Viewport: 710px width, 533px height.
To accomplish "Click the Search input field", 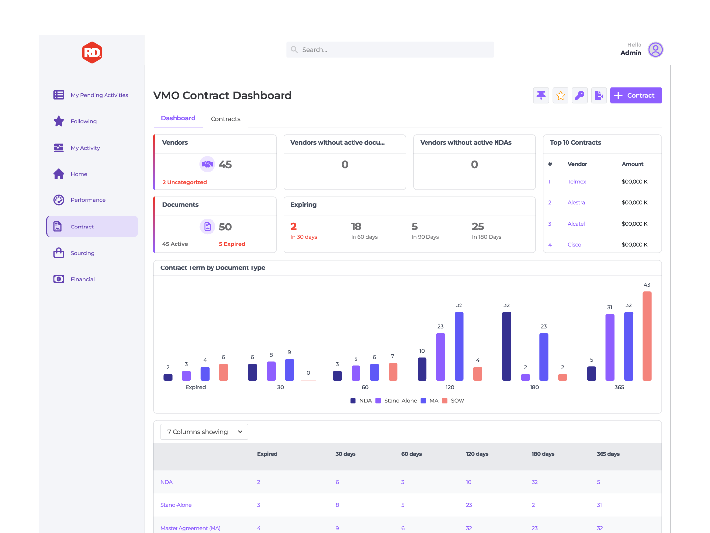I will coord(390,50).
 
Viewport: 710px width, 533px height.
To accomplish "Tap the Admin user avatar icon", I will coord(655,50).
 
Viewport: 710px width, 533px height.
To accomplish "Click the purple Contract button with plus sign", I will coord(636,96).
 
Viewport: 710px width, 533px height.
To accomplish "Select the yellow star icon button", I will coord(561,96).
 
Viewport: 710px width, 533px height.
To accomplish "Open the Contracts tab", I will coord(225,119).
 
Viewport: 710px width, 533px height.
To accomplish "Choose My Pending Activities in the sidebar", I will coord(99,95).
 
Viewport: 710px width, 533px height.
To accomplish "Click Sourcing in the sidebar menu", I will coord(82,253).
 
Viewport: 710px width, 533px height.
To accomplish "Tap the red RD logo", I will coord(92,52).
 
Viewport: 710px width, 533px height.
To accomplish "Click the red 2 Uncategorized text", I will coord(184,182).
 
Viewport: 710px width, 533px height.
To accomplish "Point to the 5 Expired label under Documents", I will coord(232,244).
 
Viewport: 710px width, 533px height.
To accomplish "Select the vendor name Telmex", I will coord(577,182).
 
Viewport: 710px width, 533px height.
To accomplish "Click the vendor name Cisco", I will coord(574,245).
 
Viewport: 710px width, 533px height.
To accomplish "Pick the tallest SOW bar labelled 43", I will coord(647,336).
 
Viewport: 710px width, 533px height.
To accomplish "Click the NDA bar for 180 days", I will coord(506,346).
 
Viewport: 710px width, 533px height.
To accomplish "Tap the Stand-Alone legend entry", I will coord(400,401).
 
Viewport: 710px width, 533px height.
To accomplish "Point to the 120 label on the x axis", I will coord(450,388).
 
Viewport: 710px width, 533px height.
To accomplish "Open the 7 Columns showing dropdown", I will coord(204,432).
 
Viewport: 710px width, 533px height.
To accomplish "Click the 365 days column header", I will coord(608,454).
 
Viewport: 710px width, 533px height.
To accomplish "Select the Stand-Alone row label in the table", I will coord(176,505).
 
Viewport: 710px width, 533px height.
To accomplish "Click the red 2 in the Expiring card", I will coord(294,227).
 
